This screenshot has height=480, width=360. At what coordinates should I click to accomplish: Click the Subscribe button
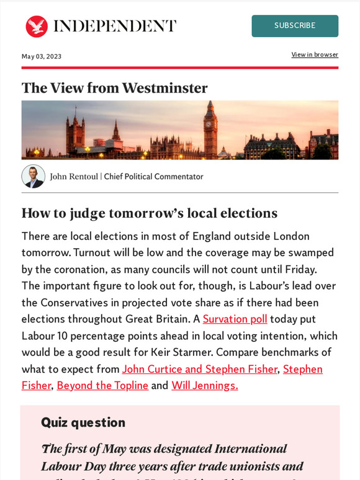295,26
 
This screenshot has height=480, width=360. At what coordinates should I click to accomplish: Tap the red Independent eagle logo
37,26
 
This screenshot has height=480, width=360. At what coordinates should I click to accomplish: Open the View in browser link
315,55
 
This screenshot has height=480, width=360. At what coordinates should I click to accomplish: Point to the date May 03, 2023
42,56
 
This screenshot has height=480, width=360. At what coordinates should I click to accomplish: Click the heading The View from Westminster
114,88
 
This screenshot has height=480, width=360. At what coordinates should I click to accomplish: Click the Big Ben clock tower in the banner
210,130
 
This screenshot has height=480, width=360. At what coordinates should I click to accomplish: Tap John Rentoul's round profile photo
33,176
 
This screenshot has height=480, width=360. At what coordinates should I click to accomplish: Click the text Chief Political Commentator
153,177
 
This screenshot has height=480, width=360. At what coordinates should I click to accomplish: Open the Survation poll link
235,319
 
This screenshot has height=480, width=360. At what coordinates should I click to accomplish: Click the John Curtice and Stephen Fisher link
199,369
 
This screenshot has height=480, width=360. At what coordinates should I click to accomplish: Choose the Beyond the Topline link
102,385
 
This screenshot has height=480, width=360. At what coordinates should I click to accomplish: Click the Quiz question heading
83,422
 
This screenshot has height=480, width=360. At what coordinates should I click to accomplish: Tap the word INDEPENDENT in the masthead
115,26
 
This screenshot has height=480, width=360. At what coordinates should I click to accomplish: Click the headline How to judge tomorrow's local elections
149,213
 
